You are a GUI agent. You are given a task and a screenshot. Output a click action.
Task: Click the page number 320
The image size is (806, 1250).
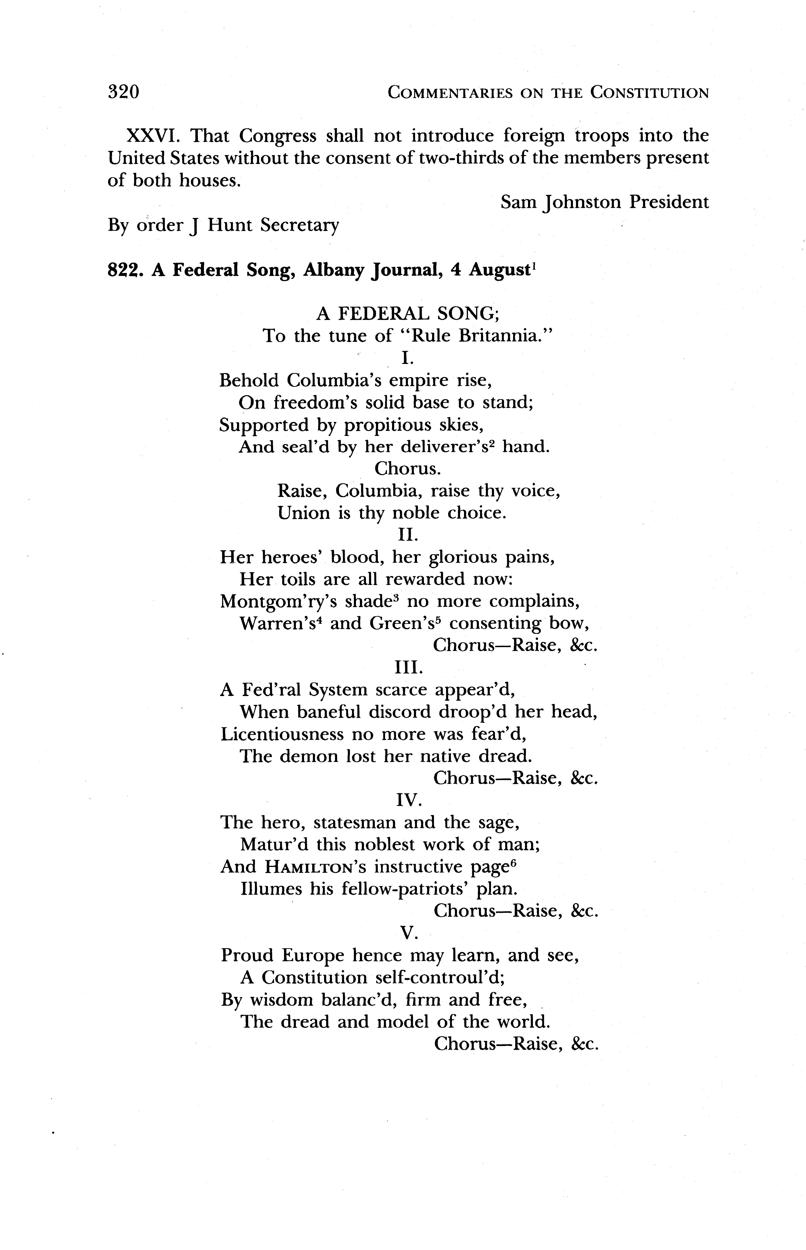(x=124, y=92)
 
